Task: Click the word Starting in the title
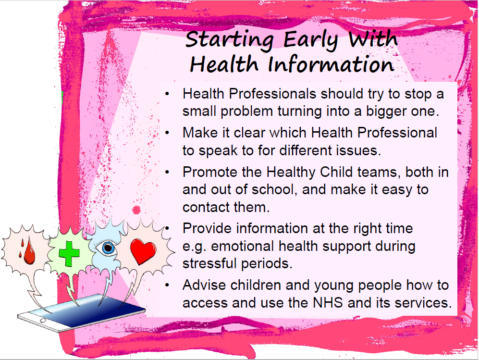[x=230, y=40]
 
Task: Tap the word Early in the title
[x=311, y=40]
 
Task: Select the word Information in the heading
[x=331, y=64]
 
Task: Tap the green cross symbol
[x=69, y=253]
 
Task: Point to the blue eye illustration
[x=107, y=248]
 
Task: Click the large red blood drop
[x=29, y=251]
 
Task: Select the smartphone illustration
[x=81, y=312]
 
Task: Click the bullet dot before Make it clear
[x=167, y=133]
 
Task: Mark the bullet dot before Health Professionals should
[x=167, y=94]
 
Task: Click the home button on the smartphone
[x=42, y=321]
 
